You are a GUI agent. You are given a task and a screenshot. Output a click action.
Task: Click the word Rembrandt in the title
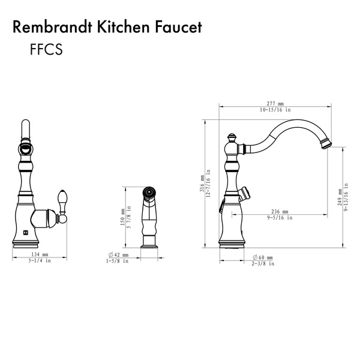[x=53, y=27]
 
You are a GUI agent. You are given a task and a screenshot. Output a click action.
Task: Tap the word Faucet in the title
[x=178, y=27]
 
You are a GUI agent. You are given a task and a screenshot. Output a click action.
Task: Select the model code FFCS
[x=46, y=49]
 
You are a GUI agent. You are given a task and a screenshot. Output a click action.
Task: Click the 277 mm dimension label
[x=275, y=104]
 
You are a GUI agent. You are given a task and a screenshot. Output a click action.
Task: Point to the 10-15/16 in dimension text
[x=275, y=110]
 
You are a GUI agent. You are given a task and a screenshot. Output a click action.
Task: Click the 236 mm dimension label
[x=280, y=211]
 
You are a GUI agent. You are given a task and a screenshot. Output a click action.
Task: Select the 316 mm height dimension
[x=202, y=184]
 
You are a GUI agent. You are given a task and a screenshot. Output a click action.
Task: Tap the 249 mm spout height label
[x=340, y=197]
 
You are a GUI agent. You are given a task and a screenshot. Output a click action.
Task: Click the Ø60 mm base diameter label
[x=263, y=257]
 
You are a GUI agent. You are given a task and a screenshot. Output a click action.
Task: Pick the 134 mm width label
[x=40, y=254]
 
